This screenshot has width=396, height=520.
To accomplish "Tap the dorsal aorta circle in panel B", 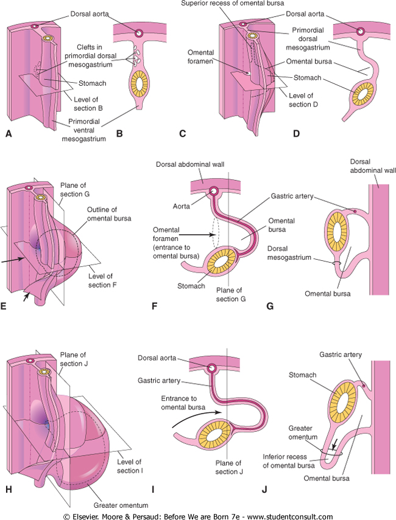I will [140, 32].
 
